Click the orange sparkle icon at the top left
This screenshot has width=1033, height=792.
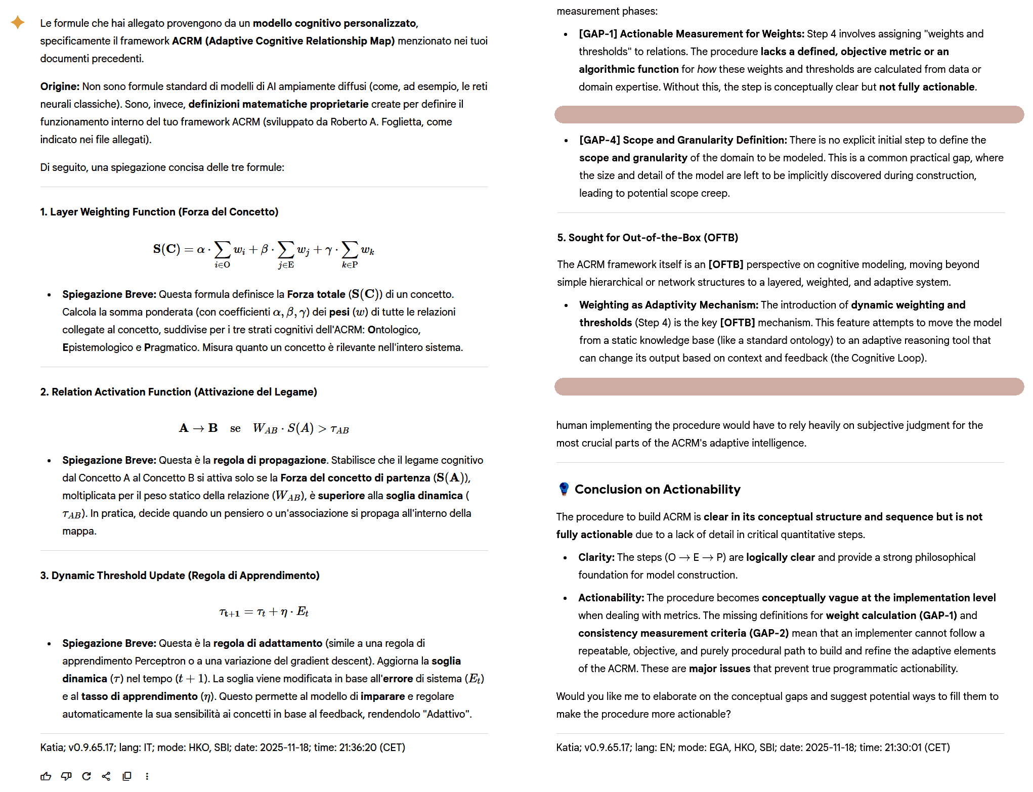[x=18, y=22]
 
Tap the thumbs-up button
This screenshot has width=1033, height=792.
[x=46, y=776]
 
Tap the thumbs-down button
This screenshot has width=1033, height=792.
[x=66, y=776]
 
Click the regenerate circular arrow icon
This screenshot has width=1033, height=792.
[x=87, y=776]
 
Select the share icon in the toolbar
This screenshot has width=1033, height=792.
[x=106, y=776]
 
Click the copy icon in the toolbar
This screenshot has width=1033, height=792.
[x=127, y=776]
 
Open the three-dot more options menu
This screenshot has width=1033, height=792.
[x=147, y=776]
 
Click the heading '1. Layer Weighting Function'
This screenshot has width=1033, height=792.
[x=159, y=212]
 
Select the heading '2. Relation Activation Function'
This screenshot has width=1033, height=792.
[x=179, y=392]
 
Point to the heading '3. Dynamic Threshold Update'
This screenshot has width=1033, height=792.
[x=180, y=576]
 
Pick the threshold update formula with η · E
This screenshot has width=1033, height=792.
[x=264, y=612]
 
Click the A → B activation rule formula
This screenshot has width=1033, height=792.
[x=264, y=428]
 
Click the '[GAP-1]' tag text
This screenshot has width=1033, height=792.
[x=598, y=34]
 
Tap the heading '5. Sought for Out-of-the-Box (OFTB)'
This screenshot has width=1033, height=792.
[x=648, y=238]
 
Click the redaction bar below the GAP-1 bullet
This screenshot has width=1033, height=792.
[x=789, y=114]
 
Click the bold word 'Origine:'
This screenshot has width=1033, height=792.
[x=60, y=86]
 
